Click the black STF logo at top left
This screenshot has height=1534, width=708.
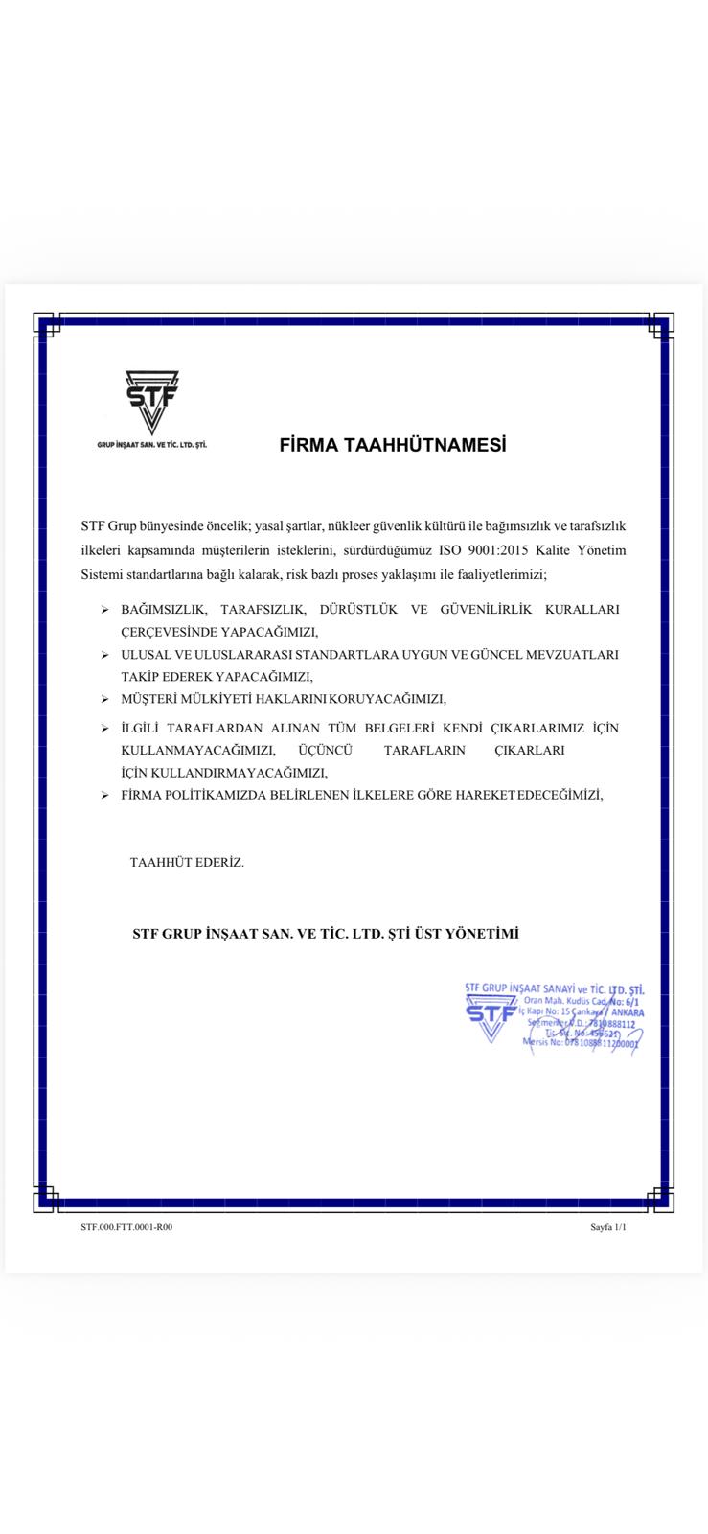point(151,402)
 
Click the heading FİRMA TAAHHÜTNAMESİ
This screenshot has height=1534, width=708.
point(392,445)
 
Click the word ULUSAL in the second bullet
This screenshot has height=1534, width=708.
point(144,655)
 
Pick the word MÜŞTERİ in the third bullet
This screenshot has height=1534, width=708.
point(148,699)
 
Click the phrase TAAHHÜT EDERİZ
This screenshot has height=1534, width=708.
point(187,863)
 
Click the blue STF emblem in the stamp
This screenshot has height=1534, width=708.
point(491,1017)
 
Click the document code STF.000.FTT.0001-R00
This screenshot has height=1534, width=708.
point(126,1227)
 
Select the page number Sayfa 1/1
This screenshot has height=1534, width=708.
point(608,1227)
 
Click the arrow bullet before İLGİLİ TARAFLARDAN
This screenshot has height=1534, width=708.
point(105,729)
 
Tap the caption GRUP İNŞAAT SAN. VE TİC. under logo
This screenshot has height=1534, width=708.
point(152,446)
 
